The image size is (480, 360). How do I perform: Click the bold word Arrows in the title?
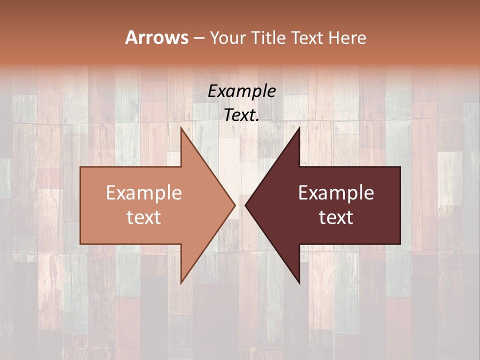(156, 37)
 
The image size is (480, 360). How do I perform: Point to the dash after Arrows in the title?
(198, 38)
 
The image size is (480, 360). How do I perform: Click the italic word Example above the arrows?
(241, 91)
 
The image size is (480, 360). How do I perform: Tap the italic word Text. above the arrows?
(241, 115)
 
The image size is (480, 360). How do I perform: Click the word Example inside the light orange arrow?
(144, 193)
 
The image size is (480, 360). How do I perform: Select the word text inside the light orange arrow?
(144, 217)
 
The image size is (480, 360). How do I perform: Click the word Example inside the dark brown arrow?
(336, 193)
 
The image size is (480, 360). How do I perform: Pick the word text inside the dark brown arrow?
(336, 217)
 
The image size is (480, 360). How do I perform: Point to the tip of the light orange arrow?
(234, 205)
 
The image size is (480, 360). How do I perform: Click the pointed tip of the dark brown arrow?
(246, 205)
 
